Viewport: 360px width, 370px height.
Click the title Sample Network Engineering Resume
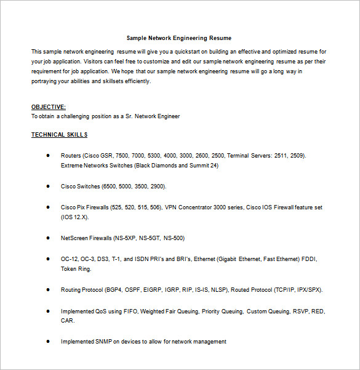pos(179,38)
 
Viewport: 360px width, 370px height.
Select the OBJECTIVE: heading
pos(49,107)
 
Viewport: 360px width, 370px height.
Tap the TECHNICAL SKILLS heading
pos(59,134)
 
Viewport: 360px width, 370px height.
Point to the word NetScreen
pos(74,238)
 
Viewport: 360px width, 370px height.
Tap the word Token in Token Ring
pos(69,268)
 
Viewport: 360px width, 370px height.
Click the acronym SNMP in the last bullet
pos(105,341)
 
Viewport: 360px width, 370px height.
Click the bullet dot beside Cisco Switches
pos(48,185)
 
